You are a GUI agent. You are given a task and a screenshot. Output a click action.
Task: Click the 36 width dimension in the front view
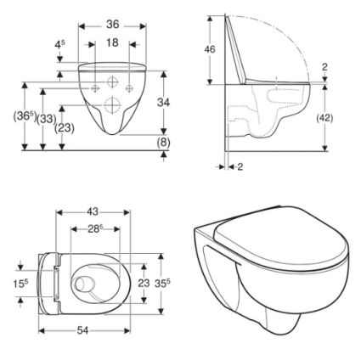112,25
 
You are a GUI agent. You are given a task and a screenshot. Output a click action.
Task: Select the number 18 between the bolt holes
112,43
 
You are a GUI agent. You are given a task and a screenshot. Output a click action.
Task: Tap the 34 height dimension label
163,103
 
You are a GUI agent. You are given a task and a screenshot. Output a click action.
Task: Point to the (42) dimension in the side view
324,118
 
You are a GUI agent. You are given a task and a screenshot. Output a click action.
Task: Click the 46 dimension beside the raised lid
210,49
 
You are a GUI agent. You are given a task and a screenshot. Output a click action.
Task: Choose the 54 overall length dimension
83,330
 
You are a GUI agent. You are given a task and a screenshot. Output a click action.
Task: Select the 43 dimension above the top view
93,211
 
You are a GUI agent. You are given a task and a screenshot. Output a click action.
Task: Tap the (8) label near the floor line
164,143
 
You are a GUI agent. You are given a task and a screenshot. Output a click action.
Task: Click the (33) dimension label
47,119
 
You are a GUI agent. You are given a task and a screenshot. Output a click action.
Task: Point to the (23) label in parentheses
65,128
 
